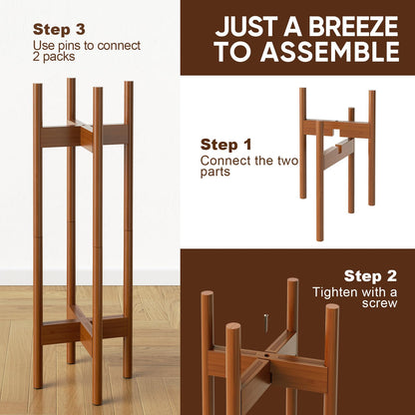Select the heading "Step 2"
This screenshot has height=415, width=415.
point(371,275)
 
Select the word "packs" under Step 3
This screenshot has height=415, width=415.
point(58,58)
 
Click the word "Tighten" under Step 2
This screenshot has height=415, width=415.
point(336,291)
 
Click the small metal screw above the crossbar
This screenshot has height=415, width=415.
point(266,320)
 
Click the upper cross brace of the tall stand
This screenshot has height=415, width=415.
point(84,135)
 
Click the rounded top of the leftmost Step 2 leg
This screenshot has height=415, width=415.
point(207,297)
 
